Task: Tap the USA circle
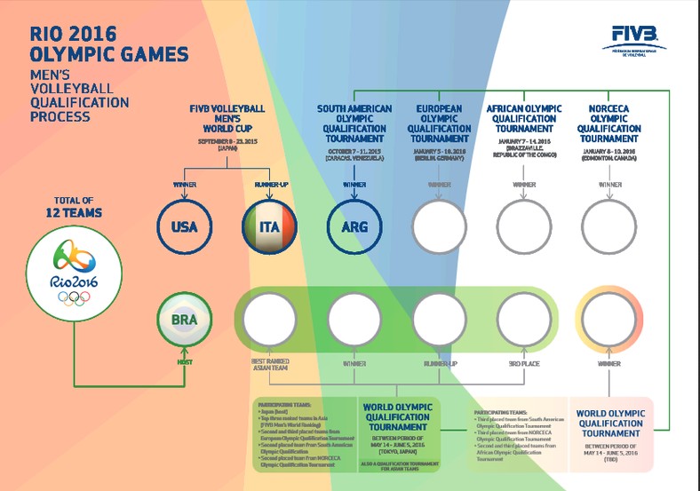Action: click(x=184, y=227)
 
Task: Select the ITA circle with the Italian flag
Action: click(x=269, y=227)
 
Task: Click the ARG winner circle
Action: click(x=354, y=227)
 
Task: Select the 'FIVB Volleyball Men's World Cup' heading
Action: click(x=227, y=118)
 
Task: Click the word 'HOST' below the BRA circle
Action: click(x=184, y=361)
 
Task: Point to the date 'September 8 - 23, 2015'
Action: click(x=227, y=142)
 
